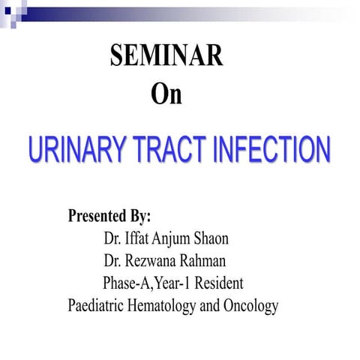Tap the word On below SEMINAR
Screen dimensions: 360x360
point(166,95)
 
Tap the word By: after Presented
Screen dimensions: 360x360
point(140,217)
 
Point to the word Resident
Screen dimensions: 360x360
point(219,284)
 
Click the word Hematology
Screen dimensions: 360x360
point(166,307)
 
